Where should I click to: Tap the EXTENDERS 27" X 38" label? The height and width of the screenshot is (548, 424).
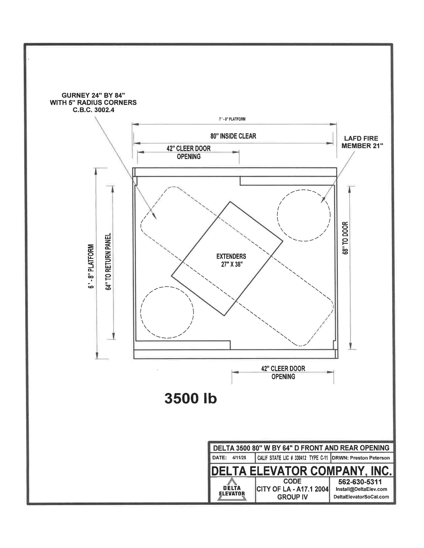pos(231,260)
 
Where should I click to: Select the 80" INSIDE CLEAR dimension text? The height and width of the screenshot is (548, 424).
pos(233,136)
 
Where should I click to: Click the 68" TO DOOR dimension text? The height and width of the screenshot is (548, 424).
pos(345,238)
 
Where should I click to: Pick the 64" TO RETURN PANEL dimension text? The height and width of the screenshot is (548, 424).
pos(108,262)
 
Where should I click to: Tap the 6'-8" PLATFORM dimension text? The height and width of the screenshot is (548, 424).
pos(91,266)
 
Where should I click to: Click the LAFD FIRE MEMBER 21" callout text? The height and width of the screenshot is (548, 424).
pos(362,142)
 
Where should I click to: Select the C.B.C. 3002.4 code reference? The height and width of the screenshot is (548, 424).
pos(93,110)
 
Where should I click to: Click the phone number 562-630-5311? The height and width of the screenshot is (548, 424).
pos(360,482)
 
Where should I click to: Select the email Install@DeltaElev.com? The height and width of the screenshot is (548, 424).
pos(361,489)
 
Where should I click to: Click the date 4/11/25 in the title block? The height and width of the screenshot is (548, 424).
pos(239,458)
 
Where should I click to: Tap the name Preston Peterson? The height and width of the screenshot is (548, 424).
pos(370,458)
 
